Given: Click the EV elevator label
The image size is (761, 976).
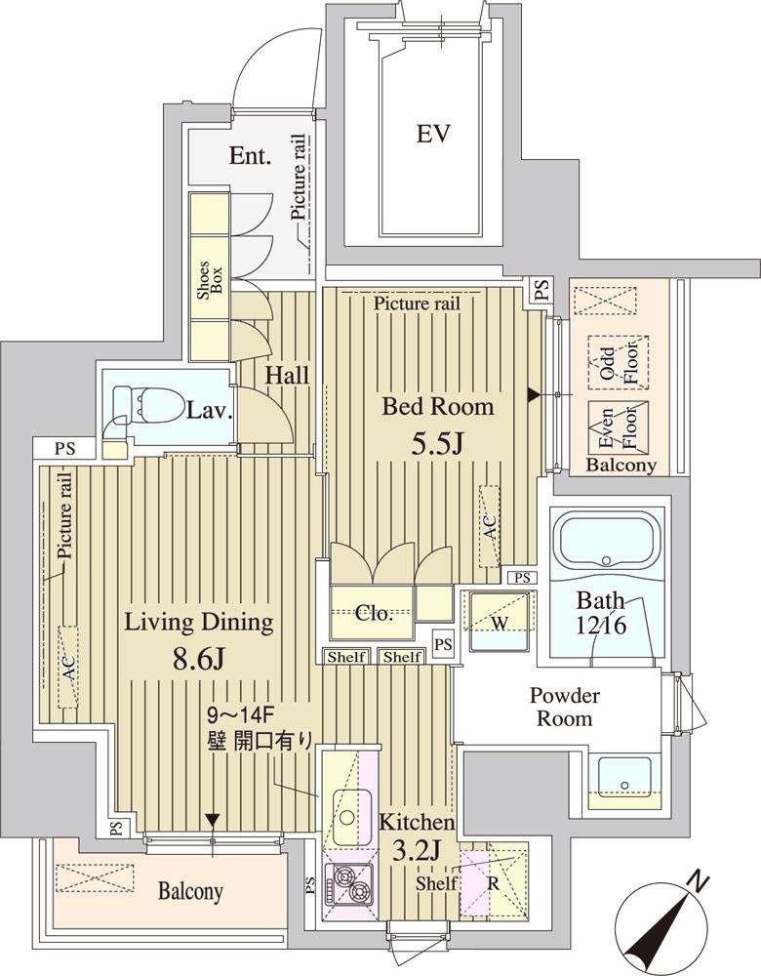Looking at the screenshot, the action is (x=433, y=134).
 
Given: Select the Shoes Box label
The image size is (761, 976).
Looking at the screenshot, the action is (x=210, y=280).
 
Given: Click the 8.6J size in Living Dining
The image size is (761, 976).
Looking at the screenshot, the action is (x=198, y=660).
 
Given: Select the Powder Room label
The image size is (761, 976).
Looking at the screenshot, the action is (x=564, y=707).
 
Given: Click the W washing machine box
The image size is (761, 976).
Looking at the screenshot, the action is (x=500, y=621).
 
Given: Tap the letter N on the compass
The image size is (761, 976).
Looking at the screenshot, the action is (x=700, y=883).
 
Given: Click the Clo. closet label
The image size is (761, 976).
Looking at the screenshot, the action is (x=374, y=614).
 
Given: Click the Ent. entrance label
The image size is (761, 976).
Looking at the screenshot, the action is (x=250, y=155).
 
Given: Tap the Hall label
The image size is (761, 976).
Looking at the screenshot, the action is (x=287, y=376).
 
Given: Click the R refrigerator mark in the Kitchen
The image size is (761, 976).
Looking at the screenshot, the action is (x=493, y=883).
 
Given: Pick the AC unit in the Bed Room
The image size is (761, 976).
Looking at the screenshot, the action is (x=490, y=526).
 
